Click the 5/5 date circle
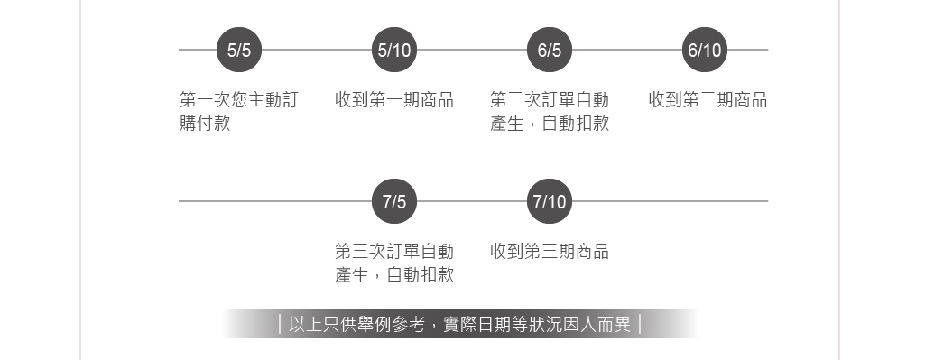(239, 50)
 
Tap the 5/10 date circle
(394, 50)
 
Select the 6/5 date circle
(550, 50)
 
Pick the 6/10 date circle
(705, 50)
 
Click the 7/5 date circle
(394, 201)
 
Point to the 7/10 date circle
(550, 201)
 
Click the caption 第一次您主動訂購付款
(238, 111)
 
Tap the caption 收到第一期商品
(394, 100)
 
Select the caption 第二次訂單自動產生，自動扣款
(550, 111)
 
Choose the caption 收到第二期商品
(708, 100)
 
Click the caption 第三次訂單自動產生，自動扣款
(394, 263)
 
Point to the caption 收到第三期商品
(550, 252)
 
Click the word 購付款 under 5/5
(205, 124)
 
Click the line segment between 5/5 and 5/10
(317, 50)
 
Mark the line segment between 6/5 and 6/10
(627, 50)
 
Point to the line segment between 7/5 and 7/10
(472, 201)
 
